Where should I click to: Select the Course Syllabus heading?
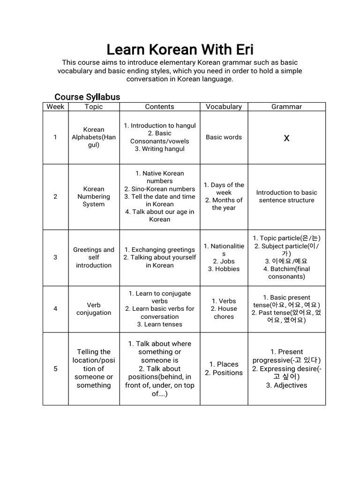point(87,97)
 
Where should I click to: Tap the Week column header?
point(55,106)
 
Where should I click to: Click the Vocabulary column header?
point(224,106)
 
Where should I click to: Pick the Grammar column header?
point(286,106)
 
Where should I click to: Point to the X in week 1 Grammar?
point(287,138)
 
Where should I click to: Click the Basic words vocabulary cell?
point(224,137)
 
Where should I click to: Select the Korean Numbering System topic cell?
point(94,197)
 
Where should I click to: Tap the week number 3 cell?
point(55,257)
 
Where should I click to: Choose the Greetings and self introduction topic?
point(94,257)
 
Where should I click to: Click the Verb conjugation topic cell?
point(94,309)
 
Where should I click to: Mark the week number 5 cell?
point(55,368)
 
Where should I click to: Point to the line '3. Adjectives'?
point(286,385)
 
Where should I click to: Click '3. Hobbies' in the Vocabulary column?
point(224,269)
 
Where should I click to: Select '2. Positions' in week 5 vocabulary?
point(224,373)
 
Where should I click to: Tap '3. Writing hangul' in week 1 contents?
point(159,149)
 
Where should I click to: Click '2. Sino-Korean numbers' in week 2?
point(159,189)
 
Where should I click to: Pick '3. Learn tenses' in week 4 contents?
point(159,324)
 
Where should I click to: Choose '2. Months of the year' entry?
point(224,204)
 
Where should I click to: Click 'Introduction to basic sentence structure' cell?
point(286,196)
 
